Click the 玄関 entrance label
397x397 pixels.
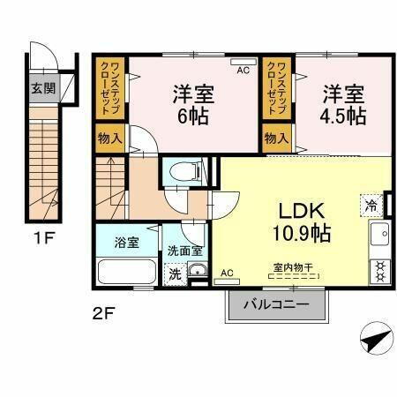(42, 87)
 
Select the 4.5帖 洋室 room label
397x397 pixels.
(342, 105)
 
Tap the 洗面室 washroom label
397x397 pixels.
(185, 251)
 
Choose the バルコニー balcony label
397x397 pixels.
(276, 305)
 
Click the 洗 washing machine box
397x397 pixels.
(175, 273)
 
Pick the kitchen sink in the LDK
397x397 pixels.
(380, 236)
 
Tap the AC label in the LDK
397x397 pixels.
(228, 273)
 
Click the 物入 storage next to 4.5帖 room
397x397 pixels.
(276, 138)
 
